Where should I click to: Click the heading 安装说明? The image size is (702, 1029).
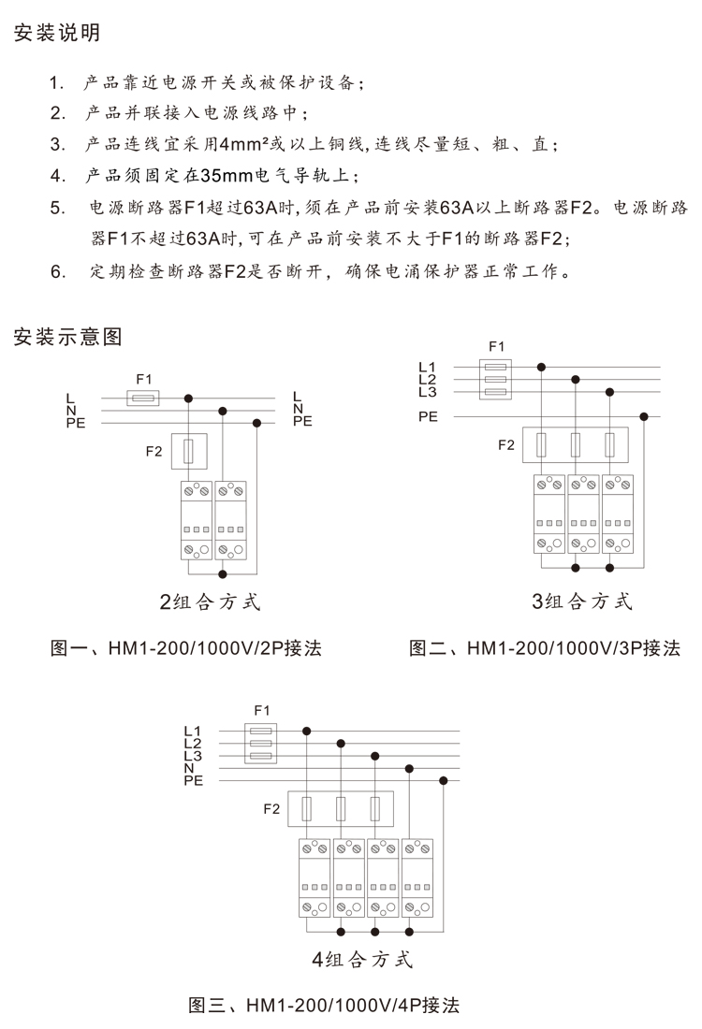(57, 34)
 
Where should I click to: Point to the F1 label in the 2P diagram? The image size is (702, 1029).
(143, 379)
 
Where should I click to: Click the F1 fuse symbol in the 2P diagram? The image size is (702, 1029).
(143, 398)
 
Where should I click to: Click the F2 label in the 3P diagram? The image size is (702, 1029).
(505, 444)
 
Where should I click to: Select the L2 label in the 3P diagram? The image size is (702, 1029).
(427, 379)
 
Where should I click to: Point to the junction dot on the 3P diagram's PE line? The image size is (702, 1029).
(644, 416)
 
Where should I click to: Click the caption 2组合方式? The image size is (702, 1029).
(210, 601)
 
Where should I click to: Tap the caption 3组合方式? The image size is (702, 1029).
(582, 601)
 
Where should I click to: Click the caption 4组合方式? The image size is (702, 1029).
(362, 959)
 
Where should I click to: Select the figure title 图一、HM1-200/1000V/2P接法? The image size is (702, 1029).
(185, 648)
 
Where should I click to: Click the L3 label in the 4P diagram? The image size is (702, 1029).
(193, 756)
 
